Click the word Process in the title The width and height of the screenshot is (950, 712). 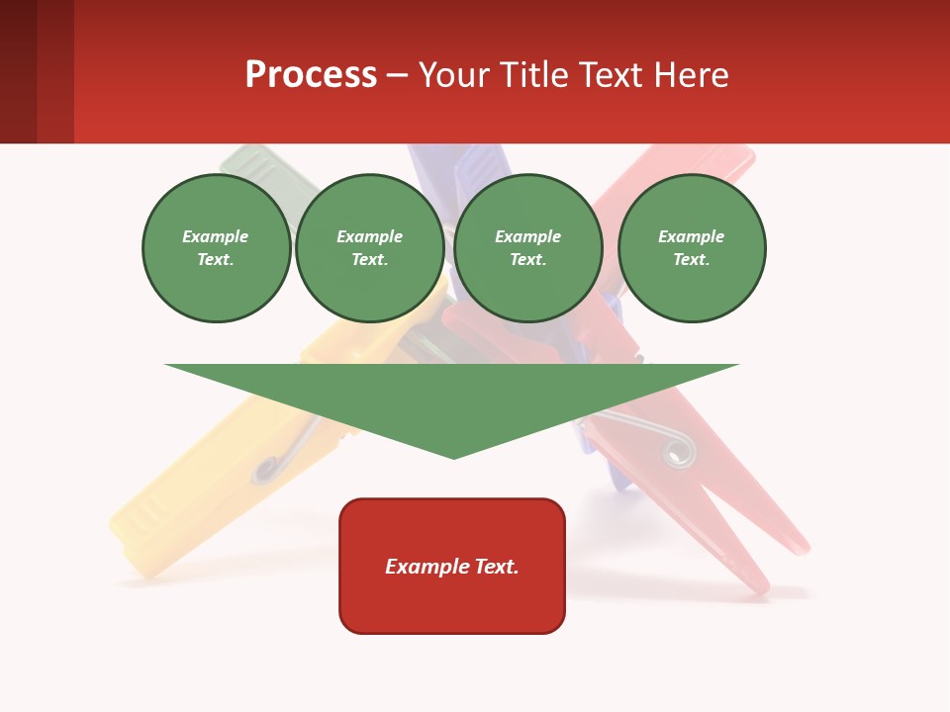pos(311,74)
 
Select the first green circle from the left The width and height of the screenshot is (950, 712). pos(217,248)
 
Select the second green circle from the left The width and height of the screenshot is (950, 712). pos(370,248)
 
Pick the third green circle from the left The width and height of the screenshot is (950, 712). pos(528,248)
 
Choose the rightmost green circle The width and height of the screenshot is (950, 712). pos(692,248)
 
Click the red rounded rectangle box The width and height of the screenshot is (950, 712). pos(452,566)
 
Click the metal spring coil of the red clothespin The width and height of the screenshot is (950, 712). pos(678,451)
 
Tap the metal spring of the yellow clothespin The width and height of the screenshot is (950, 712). pos(268,469)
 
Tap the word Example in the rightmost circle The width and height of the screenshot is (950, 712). pos(692,236)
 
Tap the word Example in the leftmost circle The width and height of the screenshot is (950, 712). pos(216,236)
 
